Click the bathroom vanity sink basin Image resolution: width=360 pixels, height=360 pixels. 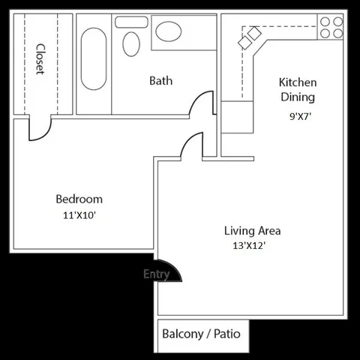168,31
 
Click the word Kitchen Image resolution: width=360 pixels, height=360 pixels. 298,82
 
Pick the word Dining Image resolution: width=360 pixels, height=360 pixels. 297,97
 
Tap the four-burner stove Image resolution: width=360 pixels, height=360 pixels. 331,27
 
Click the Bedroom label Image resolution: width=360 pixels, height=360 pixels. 79,199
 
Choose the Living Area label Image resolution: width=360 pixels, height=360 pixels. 253,230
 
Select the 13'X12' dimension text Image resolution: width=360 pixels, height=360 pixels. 250,246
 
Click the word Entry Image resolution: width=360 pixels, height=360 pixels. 156,274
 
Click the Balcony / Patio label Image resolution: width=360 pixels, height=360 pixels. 201,333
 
